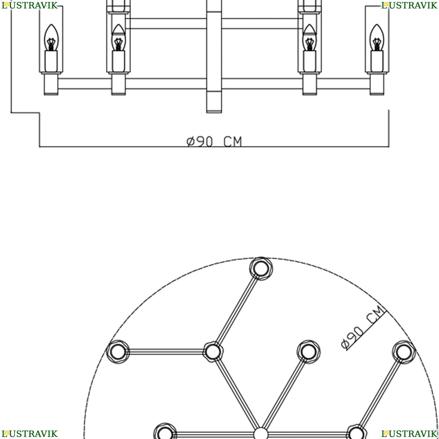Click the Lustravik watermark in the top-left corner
(29, 5)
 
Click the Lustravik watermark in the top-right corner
(409, 5)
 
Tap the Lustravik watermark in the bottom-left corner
(29, 434)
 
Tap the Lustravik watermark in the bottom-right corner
(409, 434)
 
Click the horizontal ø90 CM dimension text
(214, 141)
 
